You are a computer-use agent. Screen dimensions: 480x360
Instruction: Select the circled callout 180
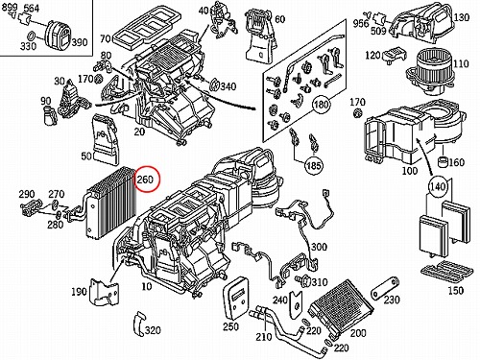point(321,105)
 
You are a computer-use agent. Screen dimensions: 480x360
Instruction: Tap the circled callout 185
point(313,165)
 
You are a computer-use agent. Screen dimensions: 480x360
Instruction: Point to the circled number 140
point(437,186)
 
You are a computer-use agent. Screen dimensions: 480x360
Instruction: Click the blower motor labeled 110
point(429,72)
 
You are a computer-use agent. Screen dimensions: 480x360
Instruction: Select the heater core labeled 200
point(341,308)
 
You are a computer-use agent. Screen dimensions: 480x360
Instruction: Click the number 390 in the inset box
point(79,41)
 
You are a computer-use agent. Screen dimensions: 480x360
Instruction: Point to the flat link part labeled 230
point(385,288)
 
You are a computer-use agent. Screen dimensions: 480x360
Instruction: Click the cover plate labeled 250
point(236,298)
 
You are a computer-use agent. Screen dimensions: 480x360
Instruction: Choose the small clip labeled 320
point(139,324)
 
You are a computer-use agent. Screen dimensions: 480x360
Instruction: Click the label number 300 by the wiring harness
point(319,247)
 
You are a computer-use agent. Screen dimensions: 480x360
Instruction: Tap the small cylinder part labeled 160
point(443,161)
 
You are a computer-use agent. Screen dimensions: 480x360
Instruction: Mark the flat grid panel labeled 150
point(446,270)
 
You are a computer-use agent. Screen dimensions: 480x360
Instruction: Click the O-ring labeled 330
point(32,36)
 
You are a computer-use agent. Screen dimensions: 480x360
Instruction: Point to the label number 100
point(409,171)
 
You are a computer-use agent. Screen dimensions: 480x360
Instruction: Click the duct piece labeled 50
point(104,140)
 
